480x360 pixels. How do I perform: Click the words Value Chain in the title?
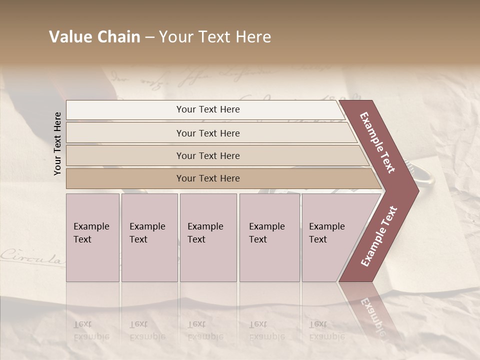(94, 37)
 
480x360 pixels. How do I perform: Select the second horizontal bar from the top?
(208, 133)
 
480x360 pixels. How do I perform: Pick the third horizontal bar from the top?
(208, 155)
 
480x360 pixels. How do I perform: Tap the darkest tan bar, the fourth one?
(208, 178)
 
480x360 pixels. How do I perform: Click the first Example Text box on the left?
(92, 237)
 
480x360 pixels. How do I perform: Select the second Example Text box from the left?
(149, 237)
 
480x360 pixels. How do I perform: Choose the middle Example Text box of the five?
(208, 237)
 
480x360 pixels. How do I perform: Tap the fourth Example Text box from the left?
(269, 237)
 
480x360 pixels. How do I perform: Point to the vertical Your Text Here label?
(57, 143)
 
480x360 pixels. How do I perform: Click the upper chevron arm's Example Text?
(378, 142)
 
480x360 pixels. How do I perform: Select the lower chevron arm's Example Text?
(379, 236)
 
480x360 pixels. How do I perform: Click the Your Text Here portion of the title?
(215, 37)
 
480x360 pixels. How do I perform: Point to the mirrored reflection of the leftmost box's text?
(91, 330)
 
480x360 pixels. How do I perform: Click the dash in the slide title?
(149, 37)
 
